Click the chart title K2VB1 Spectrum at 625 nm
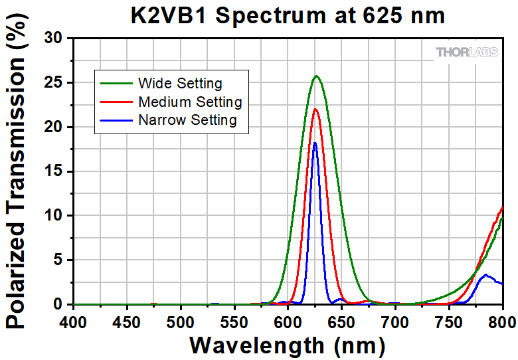click(288, 15)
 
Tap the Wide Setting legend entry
click(180, 84)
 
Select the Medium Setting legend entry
click(190, 102)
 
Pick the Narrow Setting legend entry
click(187, 120)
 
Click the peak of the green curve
click(316, 76)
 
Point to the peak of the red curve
click(315, 109)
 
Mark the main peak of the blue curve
click(315, 143)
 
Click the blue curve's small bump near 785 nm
click(486, 274)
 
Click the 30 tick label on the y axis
click(54, 39)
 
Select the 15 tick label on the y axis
click(54, 171)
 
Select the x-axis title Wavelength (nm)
click(288, 345)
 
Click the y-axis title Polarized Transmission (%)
click(17, 171)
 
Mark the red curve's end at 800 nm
click(503, 207)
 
